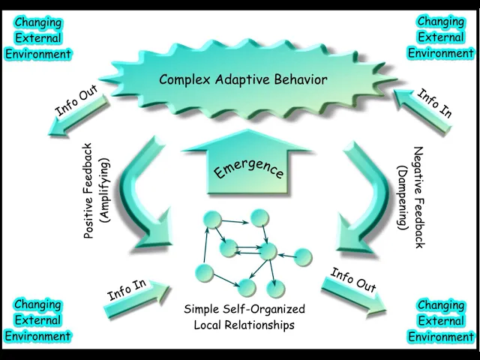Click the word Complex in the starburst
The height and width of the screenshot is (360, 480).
pyautogui.click(x=184, y=79)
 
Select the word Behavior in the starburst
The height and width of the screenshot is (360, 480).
pyautogui.click(x=300, y=79)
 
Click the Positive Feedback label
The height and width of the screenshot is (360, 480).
pyautogui.click(x=88, y=191)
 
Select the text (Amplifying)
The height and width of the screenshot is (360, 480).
pyautogui.click(x=104, y=190)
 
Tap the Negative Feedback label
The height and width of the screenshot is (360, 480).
pyautogui.click(x=418, y=197)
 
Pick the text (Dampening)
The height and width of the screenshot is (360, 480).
pyautogui.click(x=402, y=198)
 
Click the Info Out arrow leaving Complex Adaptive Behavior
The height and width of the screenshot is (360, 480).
pyautogui.click(x=78, y=115)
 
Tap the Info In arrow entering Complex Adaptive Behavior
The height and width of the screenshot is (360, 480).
pyautogui.click(x=422, y=111)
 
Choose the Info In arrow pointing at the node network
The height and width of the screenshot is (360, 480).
pyautogui.click(x=136, y=299)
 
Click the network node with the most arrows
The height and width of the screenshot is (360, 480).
pyautogui.click(x=268, y=251)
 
